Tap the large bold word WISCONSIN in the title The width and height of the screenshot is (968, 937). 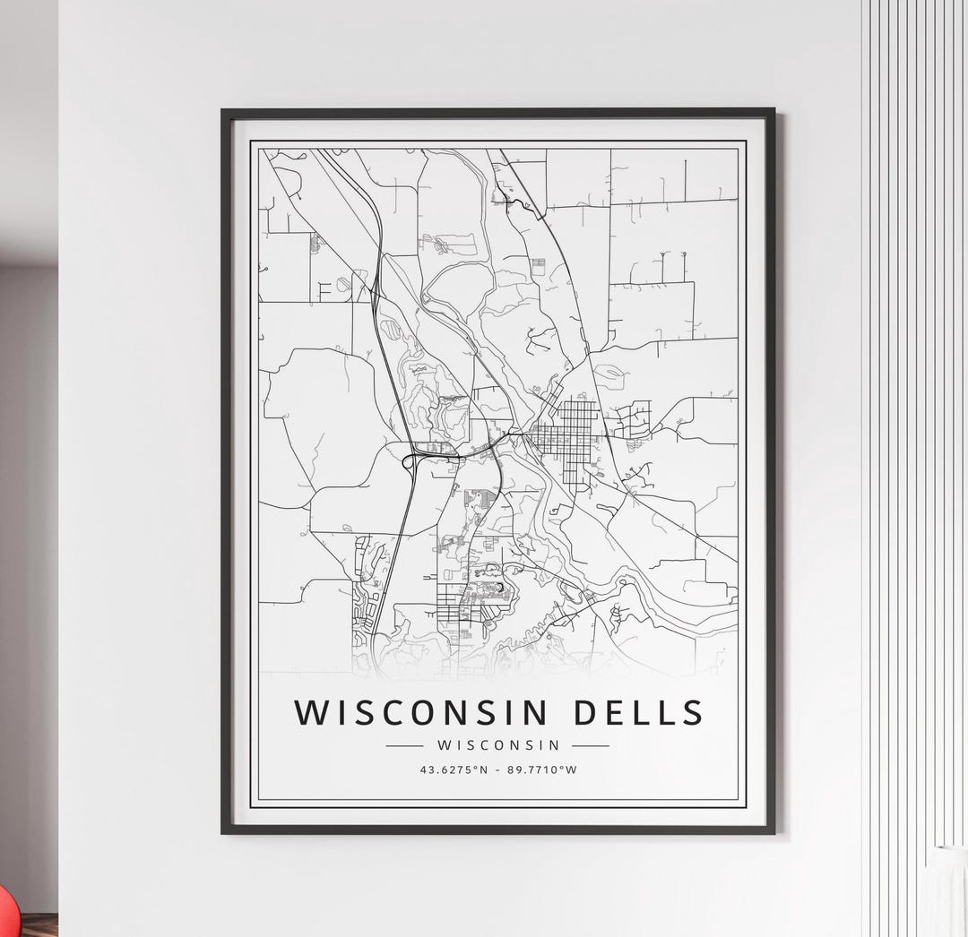(x=420, y=712)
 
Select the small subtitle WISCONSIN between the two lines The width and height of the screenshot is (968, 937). (x=498, y=744)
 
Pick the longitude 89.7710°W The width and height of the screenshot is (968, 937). (x=542, y=769)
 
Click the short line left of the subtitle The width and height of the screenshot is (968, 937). (x=403, y=744)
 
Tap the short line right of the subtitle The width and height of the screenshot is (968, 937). (x=590, y=744)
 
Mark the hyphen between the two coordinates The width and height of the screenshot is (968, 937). (x=499, y=769)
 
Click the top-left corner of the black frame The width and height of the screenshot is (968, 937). (x=224, y=112)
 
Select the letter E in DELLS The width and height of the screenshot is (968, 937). (x=615, y=712)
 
